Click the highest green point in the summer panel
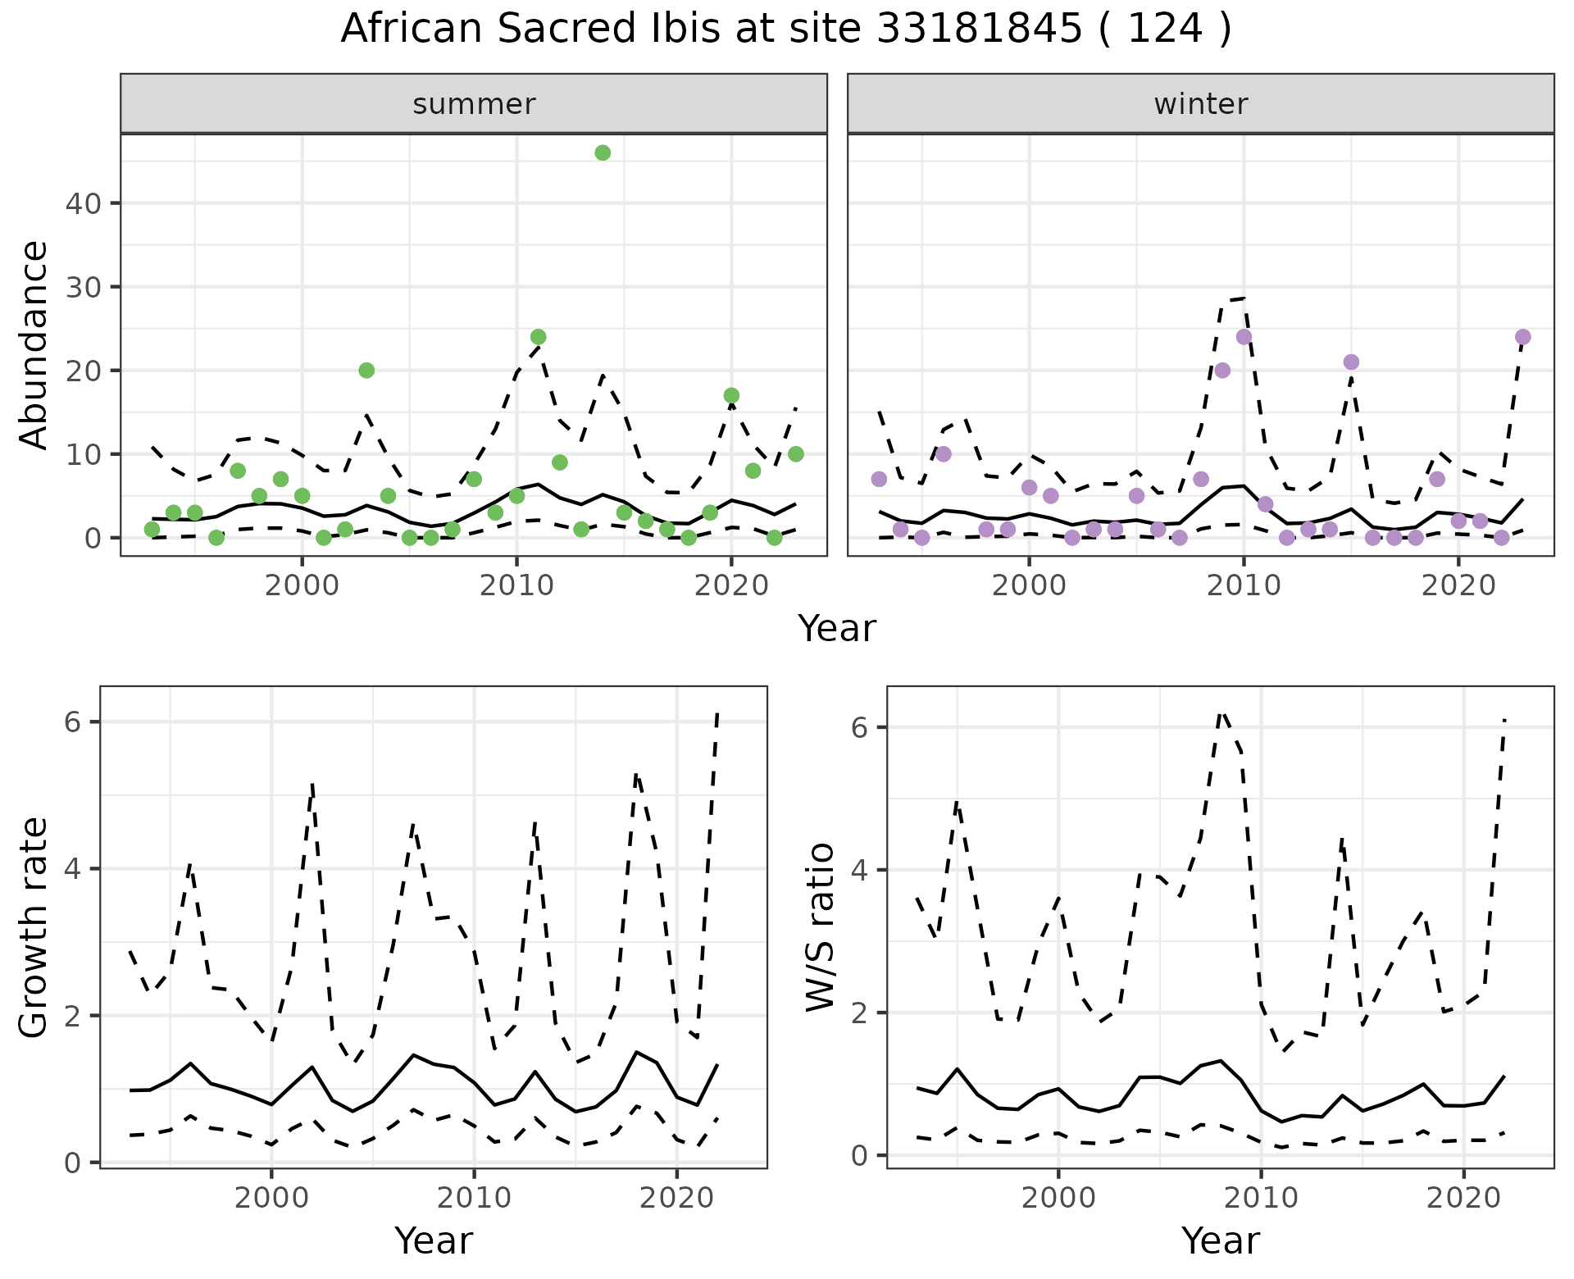[x=603, y=152]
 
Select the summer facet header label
[x=474, y=104]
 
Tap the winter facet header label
[x=1200, y=104]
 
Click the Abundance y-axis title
[x=34, y=344]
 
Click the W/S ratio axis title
[x=821, y=927]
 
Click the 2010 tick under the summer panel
[x=516, y=586]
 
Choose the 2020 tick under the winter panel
[x=1458, y=586]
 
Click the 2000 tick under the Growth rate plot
[x=271, y=1198]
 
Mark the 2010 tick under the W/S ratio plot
[x=1261, y=1198]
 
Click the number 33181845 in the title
[x=979, y=30]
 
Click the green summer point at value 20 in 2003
[x=366, y=371]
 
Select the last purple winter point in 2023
[x=1523, y=337]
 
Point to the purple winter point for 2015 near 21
[x=1351, y=362]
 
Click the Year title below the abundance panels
[x=837, y=629]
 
